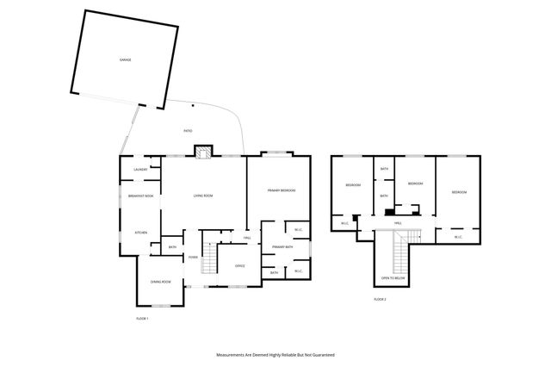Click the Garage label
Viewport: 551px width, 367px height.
[x=125, y=59]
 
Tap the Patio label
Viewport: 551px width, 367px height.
[x=188, y=130]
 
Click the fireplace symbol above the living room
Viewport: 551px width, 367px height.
[x=203, y=152]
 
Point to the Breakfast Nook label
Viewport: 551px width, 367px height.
[x=140, y=196]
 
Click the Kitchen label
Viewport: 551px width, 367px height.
[x=139, y=233]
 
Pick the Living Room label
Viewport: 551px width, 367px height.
[x=202, y=196]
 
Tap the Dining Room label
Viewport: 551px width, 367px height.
[x=160, y=283]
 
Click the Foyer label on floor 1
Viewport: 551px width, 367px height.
[x=194, y=257]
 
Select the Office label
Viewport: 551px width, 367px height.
[x=240, y=265]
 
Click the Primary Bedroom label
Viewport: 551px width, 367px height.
[x=282, y=190]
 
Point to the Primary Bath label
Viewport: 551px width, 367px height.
[x=283, y=247]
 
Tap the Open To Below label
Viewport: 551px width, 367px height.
[x=393, y=279]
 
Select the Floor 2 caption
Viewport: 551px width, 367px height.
[x=380, y=299]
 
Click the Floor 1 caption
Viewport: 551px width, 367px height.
[x=143, y=319]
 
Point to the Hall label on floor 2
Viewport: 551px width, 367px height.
[x=398, y=223]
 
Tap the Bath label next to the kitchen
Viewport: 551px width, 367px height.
[x=173, y=248]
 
